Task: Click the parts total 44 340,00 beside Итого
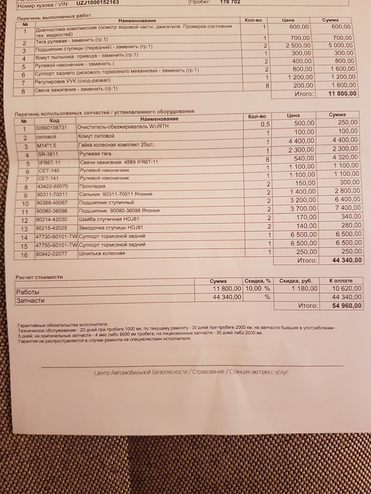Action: (x=347, y=261)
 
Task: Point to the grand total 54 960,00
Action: (x=347, y=306)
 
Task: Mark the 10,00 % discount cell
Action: (x=257, y=289)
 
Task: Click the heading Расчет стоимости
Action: (x=39, y=277)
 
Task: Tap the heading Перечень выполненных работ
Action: (x=54, y=17)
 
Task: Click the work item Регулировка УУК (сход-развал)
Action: (x=73, y=81)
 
